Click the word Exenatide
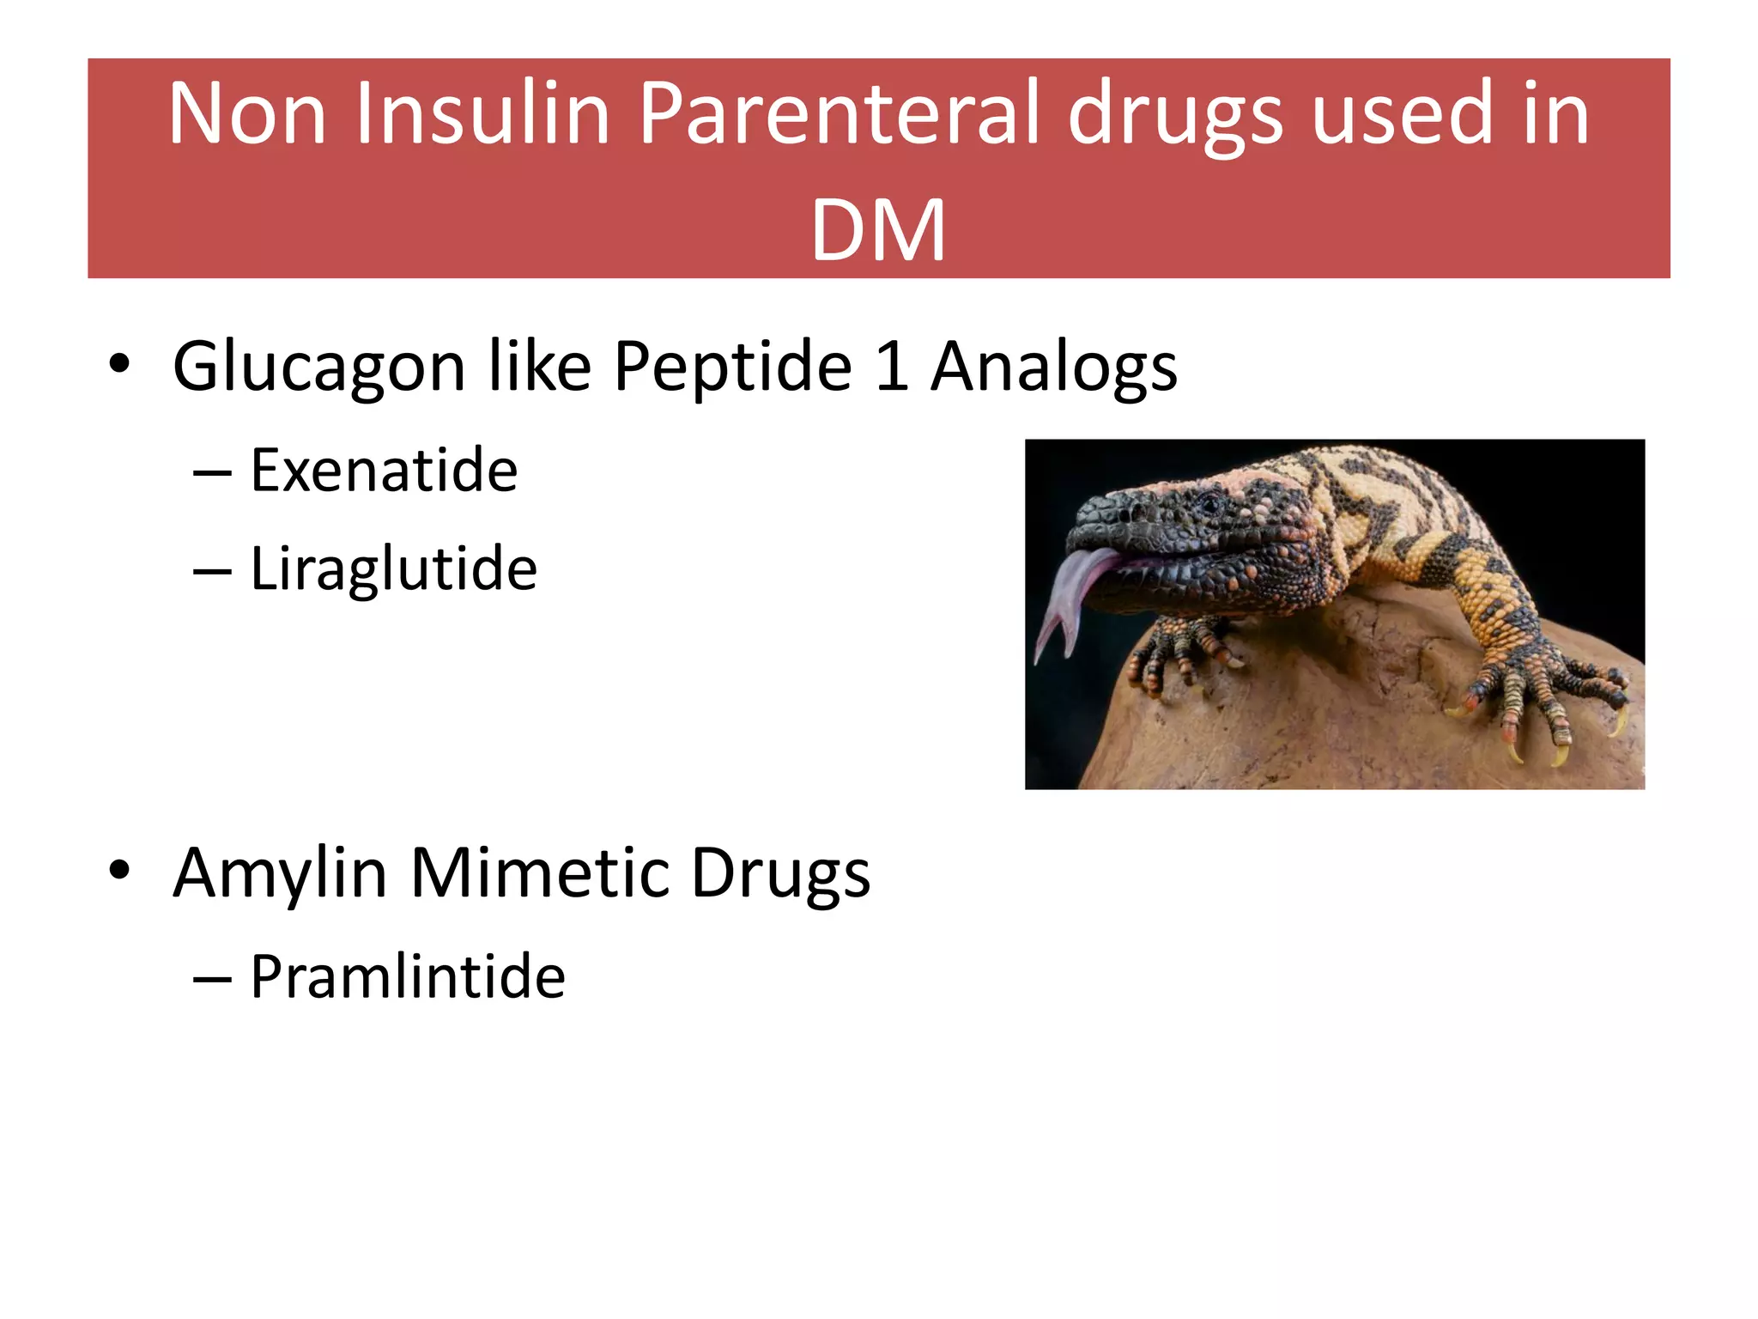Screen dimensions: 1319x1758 pyautogui.click(x=384, y=471)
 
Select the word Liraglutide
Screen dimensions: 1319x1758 pyautogui.click(x=393, y=568)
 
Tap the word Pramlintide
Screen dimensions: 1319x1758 pyautogui.click(x=408, y=977)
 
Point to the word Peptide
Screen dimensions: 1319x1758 pyautogui.click(x=732, y=368)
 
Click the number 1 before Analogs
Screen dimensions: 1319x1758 pyautogui.click(x=892, y=368)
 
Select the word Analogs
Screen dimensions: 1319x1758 pyautogui.click(x=1054, y=368)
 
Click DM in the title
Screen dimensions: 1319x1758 pyautogui.click(x=878, y=230)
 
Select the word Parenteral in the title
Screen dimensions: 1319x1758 pyautogui.click(x=840, y=113)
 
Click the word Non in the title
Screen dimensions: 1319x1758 pyautogui.click(x=247, y=113)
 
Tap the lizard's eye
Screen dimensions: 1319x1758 pyautogui.click(x=1210, y=502)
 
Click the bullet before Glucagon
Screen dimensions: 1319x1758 pyautogui.click(x=119, y=364)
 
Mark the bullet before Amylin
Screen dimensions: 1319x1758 pyautogui.click(x=119, y=870)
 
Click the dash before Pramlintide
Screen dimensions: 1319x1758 pyautogui.click(x=212, y=979)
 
